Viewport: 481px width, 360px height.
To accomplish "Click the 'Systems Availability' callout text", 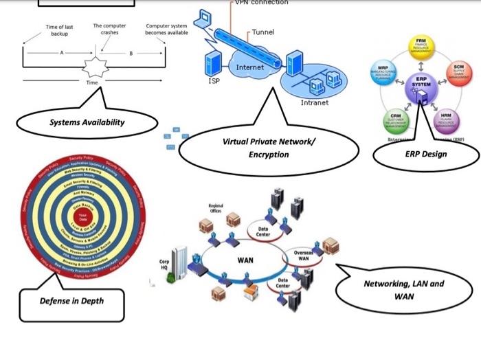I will point(87,122).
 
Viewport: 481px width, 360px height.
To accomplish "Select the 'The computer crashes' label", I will point(109,29).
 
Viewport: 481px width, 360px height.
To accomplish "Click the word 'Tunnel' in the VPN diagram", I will point(262,32).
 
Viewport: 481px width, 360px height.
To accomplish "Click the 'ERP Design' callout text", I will point(425,154).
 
